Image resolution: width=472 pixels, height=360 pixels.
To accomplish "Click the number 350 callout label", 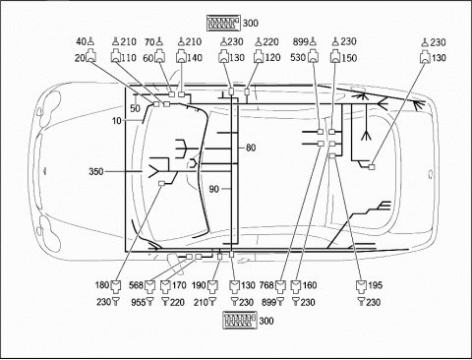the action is (x=96, y=171).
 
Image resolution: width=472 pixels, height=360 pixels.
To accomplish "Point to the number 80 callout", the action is (x=251, y=148).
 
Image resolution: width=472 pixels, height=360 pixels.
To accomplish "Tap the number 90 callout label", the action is (x=214, y=189).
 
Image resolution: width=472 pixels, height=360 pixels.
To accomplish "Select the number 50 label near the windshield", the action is (x=135, y=108).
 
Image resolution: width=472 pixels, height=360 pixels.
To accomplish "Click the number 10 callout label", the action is (x=117, y=121).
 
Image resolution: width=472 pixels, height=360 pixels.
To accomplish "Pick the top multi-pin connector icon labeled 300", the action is (x=223, y=24).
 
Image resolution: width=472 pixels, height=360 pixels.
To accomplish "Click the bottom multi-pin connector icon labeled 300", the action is (x=240, y=321).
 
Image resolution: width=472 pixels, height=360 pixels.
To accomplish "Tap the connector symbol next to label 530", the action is (x=313, y=56).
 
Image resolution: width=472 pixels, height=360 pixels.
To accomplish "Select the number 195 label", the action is (x=375, y=285).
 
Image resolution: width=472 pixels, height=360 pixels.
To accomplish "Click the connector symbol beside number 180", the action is (x=116, y=286).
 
